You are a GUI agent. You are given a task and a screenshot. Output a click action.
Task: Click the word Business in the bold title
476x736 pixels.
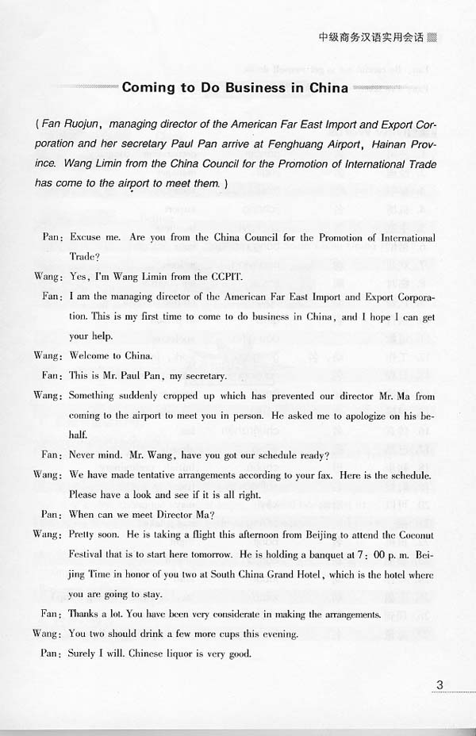click(x=240, y=87)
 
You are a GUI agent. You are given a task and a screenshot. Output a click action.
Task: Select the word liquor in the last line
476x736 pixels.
click(x=181, y=654)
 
